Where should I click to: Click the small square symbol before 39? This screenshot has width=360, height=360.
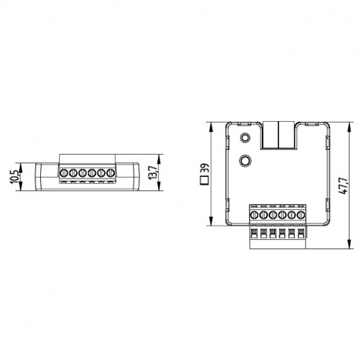(x=204, y=179)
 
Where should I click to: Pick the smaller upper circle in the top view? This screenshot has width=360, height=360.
(x=247, y=138)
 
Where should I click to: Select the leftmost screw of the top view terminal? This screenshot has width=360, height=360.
(x=255, y=215)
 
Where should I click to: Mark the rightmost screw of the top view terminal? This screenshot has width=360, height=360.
(x=300, y=215)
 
